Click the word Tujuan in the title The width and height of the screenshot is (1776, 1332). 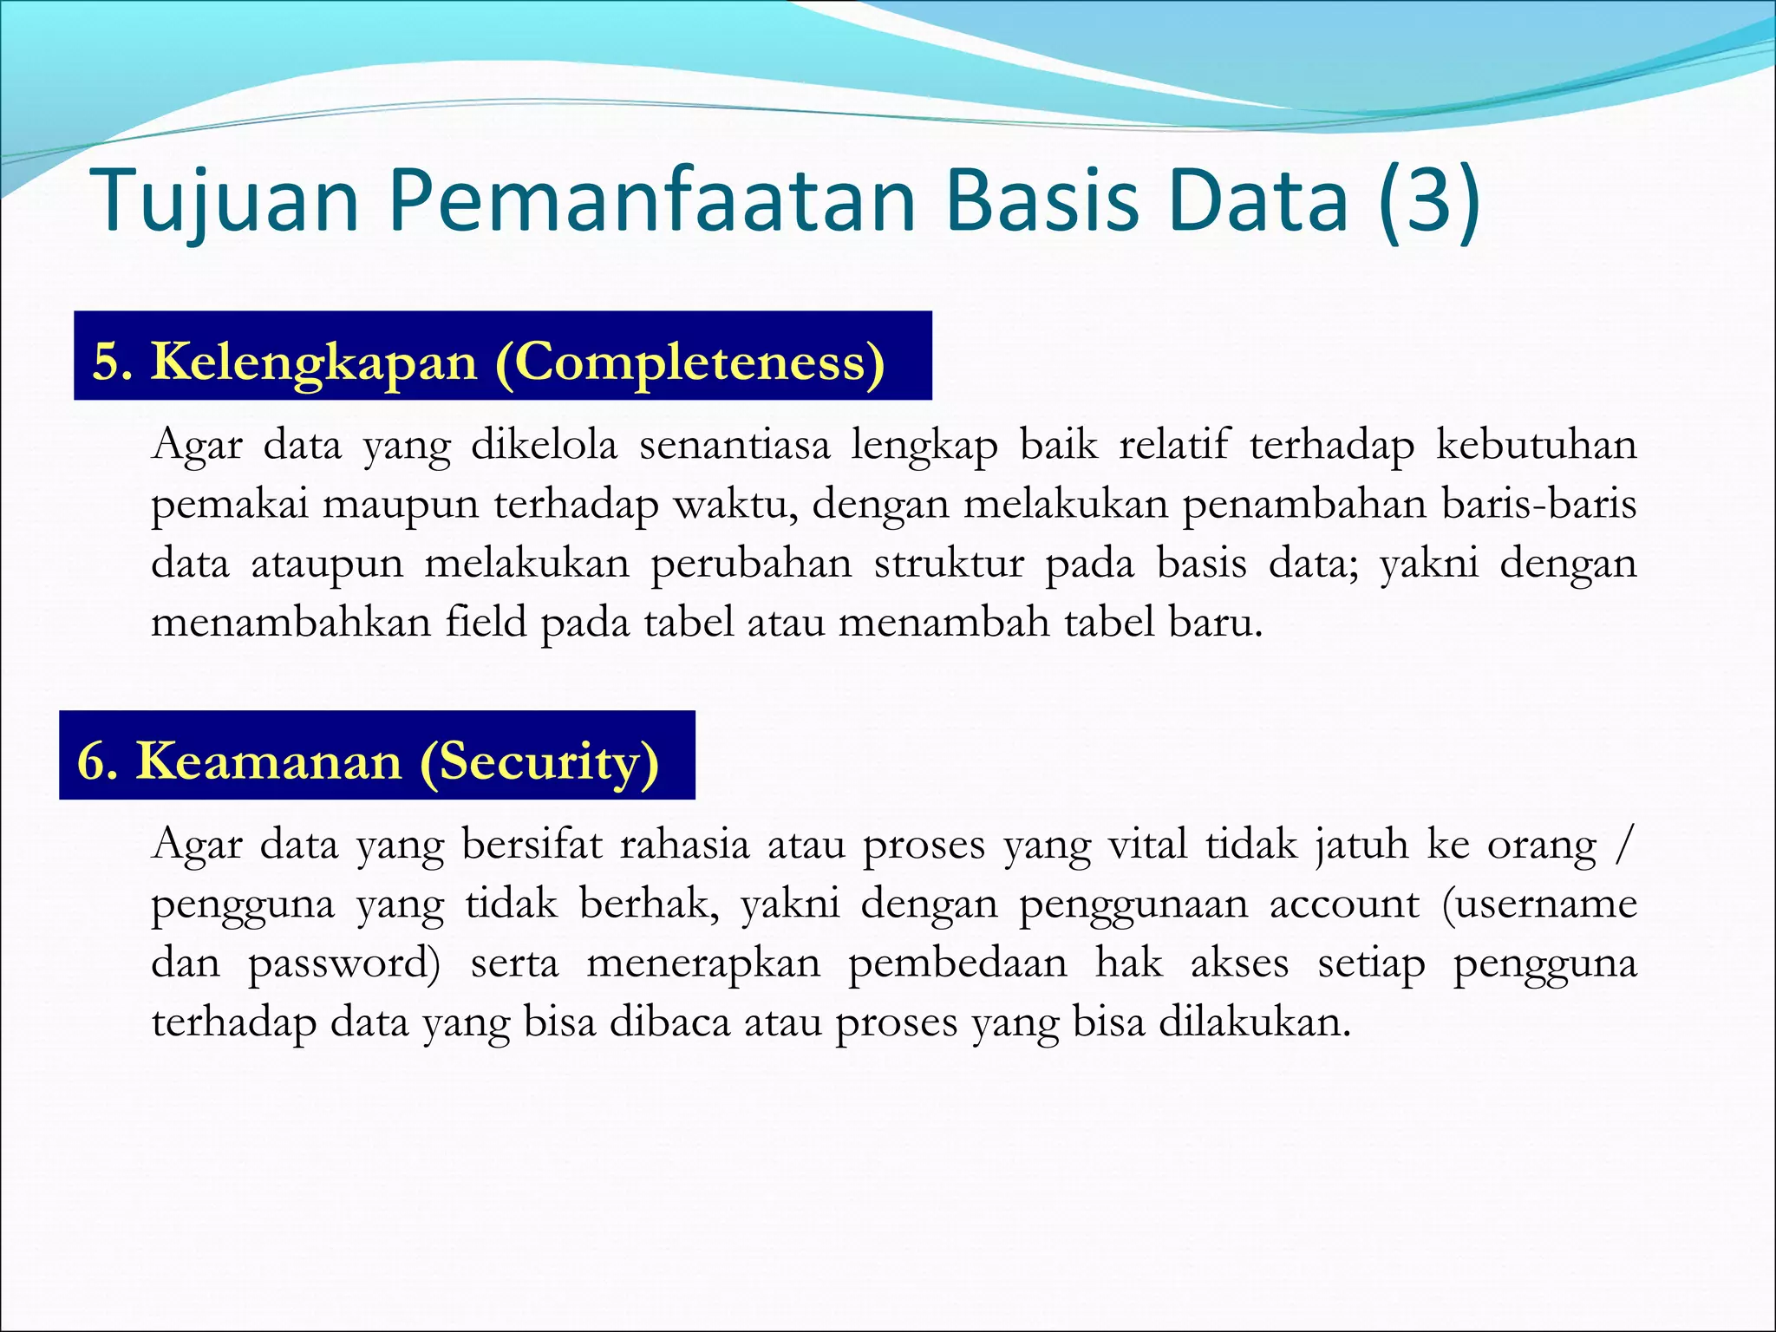[x=224, y=201]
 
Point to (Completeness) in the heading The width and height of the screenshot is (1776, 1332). [x=689, y=362]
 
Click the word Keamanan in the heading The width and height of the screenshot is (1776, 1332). [x=268, y=761]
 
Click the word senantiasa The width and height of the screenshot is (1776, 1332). [x=735, y=445]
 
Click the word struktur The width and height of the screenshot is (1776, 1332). [x=949, y=564]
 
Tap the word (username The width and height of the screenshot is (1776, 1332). [x=1540, y=904]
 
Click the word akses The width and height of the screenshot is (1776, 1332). [x=1239, y=963]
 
